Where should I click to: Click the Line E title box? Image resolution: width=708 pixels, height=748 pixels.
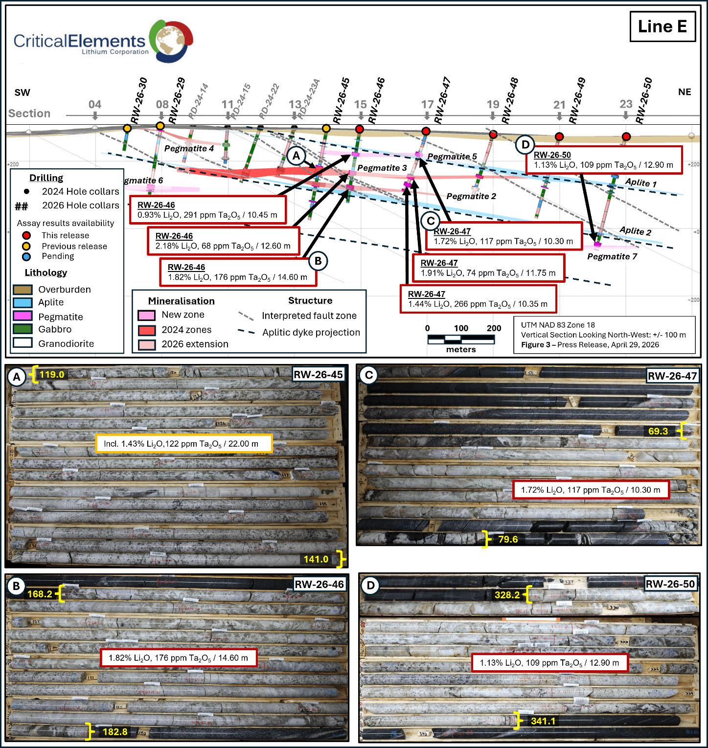click(x=662, y=26)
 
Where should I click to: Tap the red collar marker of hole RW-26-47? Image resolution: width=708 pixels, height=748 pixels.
click(x=426, y=131)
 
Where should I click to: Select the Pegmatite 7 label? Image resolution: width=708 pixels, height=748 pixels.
click(x=612, y=256)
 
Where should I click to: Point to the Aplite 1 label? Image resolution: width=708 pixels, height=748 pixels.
click(x=640, y=182)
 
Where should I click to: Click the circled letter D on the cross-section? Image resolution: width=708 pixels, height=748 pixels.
click(x=525, y=145)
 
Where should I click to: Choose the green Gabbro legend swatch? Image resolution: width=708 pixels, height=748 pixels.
click(x=23, y=329)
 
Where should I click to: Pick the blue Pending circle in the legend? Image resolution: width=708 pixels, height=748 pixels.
click(x=26, y=256)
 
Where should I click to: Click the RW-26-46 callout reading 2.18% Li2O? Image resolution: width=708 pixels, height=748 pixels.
click(x=223, y=241)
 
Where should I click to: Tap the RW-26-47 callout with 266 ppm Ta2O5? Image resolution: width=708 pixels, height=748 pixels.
click(x=478, y=299)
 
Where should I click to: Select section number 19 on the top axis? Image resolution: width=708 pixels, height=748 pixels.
click(x=493, y=104)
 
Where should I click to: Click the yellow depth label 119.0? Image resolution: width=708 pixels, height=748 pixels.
click(x=52, y=375)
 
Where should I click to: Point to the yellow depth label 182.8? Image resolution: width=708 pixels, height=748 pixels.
click(x=115, y=732)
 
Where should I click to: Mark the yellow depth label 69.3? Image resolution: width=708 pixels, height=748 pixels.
click(x=658, y=431)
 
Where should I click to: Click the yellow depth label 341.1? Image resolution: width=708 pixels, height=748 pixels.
click(x=543, y=721)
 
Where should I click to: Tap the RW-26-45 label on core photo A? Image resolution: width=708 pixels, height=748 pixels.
click(x=318, y=375)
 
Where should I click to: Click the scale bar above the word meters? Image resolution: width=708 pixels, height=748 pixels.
click(x=460, y=338)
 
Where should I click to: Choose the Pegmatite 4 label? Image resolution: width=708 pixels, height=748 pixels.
click(x=189, y=148)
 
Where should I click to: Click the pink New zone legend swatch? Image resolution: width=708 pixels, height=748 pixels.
click(x=146, y=315)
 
